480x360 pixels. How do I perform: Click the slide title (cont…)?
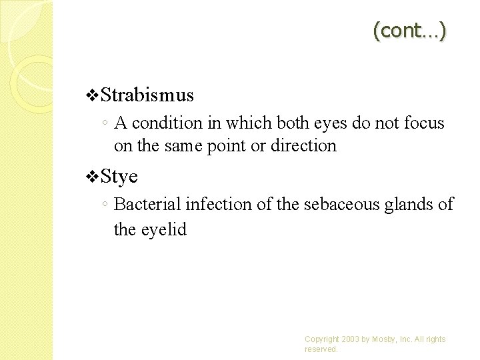pos(409,30)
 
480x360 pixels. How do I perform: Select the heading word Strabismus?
pos(148,95)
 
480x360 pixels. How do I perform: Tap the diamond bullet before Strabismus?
pos(93,96)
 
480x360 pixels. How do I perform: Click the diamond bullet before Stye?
pos(93,177)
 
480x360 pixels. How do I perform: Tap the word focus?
pos(423,123)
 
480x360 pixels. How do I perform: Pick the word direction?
pos(303,145)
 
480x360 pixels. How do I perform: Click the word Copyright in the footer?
pos(321,339)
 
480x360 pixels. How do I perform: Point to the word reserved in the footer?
pos(321,349)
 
